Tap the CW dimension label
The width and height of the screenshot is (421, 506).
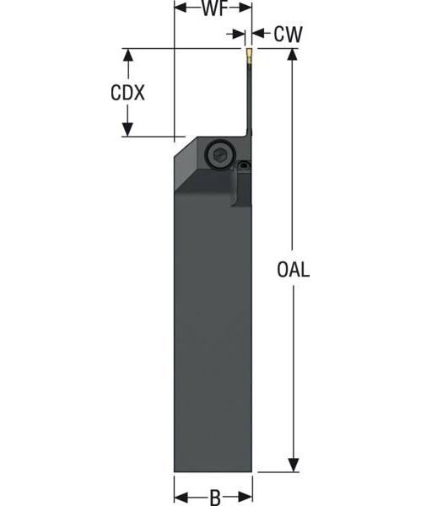(x=288, y=34)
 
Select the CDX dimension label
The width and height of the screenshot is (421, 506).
(x=127, y=92)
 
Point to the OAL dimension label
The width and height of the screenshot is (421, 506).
(x=293, y=270)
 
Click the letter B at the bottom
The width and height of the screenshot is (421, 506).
(x=214, y=498)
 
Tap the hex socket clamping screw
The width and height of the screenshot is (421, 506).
(x=218, y=155)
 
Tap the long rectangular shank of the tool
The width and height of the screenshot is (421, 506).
(x=213, y=337)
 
